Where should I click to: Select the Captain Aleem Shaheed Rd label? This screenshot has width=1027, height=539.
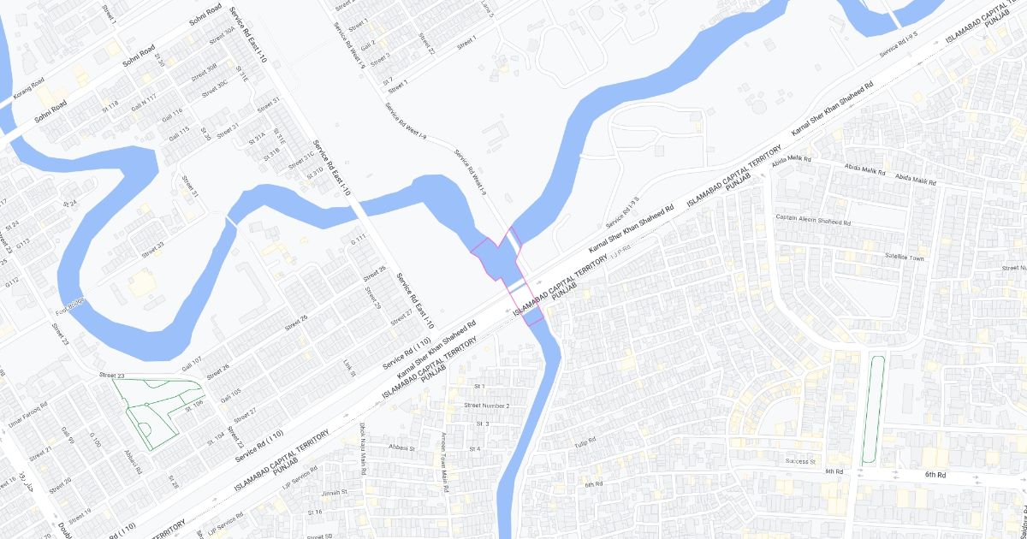point(813,220)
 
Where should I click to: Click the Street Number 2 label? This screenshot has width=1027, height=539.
point(487,405)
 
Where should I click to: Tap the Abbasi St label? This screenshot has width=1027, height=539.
point(401,447)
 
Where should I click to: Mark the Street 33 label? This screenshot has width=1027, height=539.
point(154,248)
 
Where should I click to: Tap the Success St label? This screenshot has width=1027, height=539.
point(801,461)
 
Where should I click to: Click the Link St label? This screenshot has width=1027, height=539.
point(349,368)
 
